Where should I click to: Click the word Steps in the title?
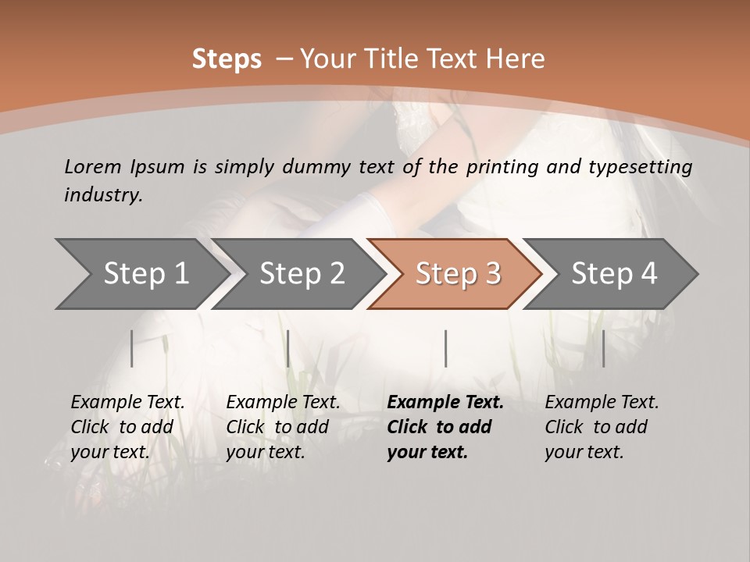[x=227, y=59]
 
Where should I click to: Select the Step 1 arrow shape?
[x=141, y=274]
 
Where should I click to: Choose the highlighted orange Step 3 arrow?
[x=457, y=274]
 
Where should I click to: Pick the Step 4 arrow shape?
[x=613, y=274]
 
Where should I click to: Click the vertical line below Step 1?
[x=132, y=348]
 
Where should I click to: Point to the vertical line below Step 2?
[x=288, y=348]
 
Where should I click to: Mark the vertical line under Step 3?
[x=445, y=348]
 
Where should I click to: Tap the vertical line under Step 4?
[x=603, y=348]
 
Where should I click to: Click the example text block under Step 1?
[x=127, y=427]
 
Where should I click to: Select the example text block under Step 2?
[x=283, y=427]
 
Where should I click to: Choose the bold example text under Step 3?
[x=445, y=427]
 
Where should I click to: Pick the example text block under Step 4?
[x=602, y=427]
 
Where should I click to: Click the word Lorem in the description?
[x=93, y=166]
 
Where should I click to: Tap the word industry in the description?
[x=102, y=194]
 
